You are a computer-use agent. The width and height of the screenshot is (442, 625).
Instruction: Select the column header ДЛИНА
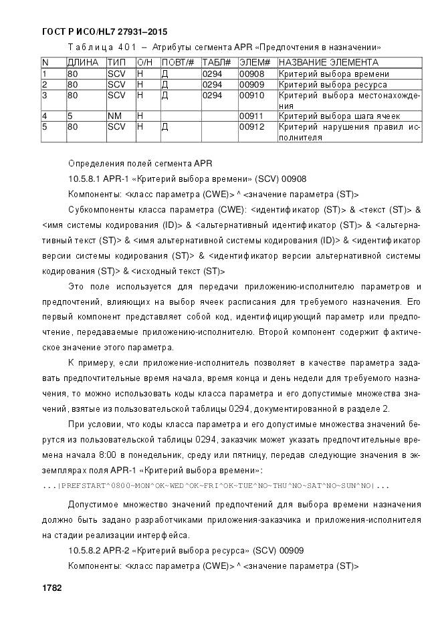[83, 62]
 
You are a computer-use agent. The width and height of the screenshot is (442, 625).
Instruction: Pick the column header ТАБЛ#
[217, 62]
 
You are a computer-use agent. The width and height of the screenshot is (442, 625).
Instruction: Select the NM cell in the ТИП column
[114, 116]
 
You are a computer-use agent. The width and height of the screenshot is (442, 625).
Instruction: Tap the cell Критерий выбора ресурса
[332, 85]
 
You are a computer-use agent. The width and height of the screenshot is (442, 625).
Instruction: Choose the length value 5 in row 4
[70, 116]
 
